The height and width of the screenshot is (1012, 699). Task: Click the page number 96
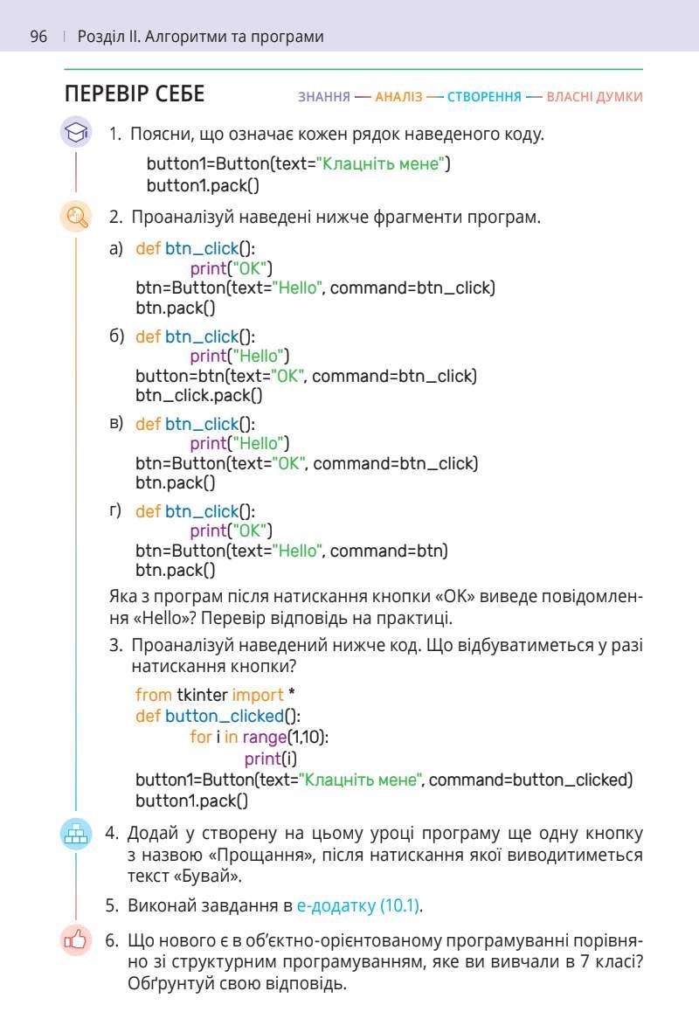tap(38, 37)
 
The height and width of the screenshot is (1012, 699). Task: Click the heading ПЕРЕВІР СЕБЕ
tap(135, 94)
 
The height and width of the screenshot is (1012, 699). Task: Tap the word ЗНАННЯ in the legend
tap(324, 97)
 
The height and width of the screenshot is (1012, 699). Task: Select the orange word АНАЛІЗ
tap(398, 97)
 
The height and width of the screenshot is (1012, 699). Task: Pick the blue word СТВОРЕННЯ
tap(484, 97)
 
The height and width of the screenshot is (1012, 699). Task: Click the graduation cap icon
tap(76, 133)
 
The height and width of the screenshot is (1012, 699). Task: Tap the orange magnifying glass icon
tap(76, 216)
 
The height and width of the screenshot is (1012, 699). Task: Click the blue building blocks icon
tap(76, 834)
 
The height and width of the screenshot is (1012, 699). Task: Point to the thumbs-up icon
tap(76, 940)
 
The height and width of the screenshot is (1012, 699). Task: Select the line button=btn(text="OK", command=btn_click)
tap(306, 376)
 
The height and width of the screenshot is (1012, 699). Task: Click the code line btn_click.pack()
tap(199, 395)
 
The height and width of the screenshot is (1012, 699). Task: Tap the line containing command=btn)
tap(291, 551)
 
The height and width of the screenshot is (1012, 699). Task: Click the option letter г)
tap(115, 510)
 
